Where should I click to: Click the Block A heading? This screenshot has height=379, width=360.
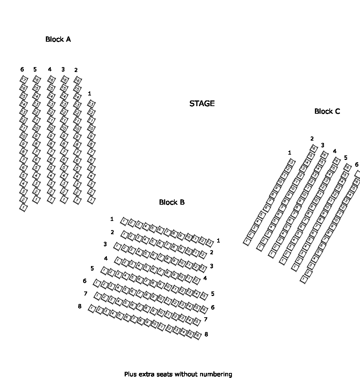[58, 39]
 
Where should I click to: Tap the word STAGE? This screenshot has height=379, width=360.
[202, 103]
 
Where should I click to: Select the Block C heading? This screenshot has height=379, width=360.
[327, 111]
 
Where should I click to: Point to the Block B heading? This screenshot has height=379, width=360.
[172, 202]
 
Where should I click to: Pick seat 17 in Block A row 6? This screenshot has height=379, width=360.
[23, 80]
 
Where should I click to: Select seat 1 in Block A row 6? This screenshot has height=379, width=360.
[23, 207]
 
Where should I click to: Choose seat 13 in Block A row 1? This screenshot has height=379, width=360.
[91, 104]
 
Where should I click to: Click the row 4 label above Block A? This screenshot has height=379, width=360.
[50, 69]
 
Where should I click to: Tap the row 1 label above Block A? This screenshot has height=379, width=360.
[89, 93]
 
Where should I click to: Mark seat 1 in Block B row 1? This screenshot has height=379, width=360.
[124, 221]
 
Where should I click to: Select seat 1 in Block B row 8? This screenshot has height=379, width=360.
[92, 309]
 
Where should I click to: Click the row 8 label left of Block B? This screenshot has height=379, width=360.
[80, 306]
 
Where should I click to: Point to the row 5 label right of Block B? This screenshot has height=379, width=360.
[213, 294]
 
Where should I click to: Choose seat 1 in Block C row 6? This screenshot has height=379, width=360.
[304, 280]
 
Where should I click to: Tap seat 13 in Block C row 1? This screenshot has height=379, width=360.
[291, 162]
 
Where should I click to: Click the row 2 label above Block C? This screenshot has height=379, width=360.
[312, 139]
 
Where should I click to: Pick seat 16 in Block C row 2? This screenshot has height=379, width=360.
[314, 148]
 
